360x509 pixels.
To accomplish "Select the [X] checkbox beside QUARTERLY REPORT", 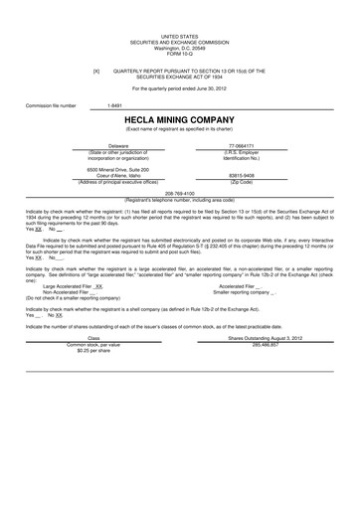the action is click(x=96, y=71).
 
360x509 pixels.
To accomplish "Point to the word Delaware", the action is click(x=117, y=145).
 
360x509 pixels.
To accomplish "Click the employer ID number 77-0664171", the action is click(x=242, y=145).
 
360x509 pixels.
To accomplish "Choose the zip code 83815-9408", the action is click(x=242, y=175).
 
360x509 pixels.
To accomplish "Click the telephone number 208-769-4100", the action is click(x=179, y=193).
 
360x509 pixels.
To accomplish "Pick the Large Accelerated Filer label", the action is click(x=69, y=283).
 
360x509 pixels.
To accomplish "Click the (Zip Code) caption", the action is click(x=242, y=181).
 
